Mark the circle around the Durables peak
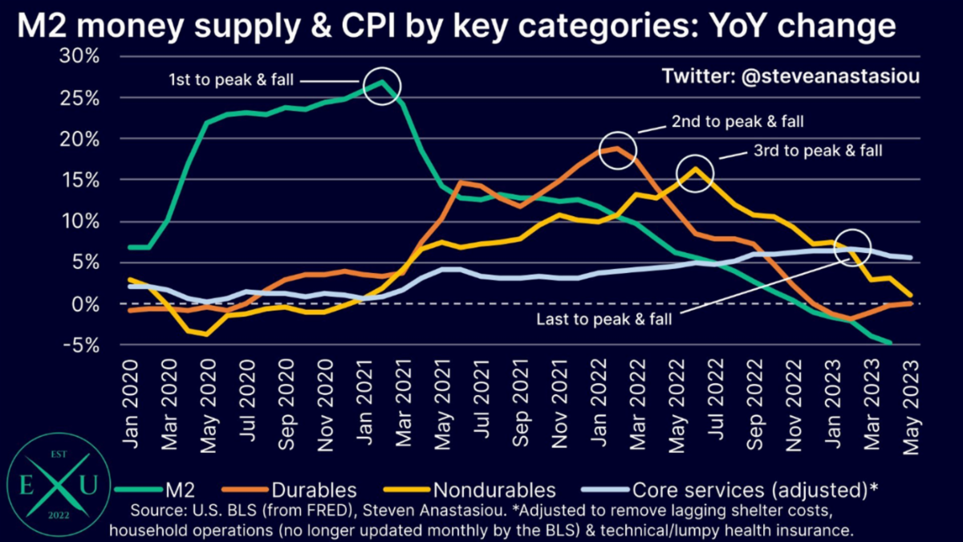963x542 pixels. [x=617, y=150]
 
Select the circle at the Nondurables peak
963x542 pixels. [x=694, y=173]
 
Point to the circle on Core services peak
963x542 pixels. [x=852, y=247]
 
